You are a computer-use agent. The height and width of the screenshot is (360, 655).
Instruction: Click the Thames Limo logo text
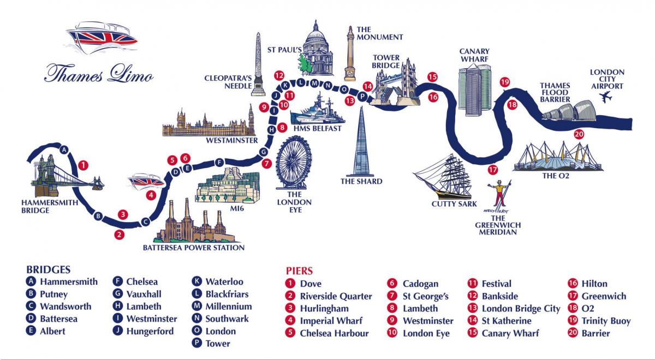point(98,73)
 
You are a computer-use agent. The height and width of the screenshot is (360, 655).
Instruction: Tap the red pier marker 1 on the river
point(83,164)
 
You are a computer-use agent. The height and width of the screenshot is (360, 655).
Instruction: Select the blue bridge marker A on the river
point(64,149)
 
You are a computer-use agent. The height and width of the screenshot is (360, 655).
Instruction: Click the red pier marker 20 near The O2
point(579,134)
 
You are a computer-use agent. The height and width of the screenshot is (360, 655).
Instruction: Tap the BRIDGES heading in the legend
point(49,269)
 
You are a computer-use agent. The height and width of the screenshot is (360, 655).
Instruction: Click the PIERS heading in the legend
point(300,271)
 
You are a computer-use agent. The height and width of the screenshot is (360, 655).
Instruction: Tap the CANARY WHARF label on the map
point(474,55)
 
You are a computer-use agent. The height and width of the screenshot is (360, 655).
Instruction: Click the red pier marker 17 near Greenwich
point(493,169)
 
